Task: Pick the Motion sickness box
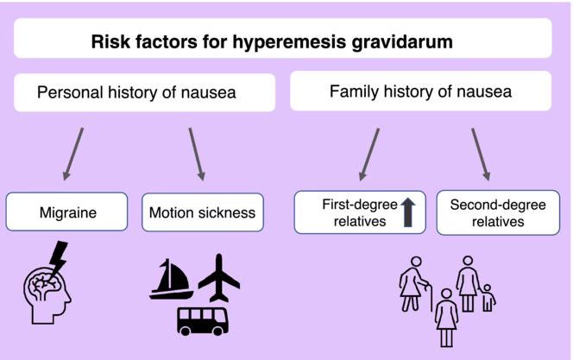point(202,212)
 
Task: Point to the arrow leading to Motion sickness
point(197,154)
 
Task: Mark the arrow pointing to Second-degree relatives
point(479,154)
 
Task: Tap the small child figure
point(490,296)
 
